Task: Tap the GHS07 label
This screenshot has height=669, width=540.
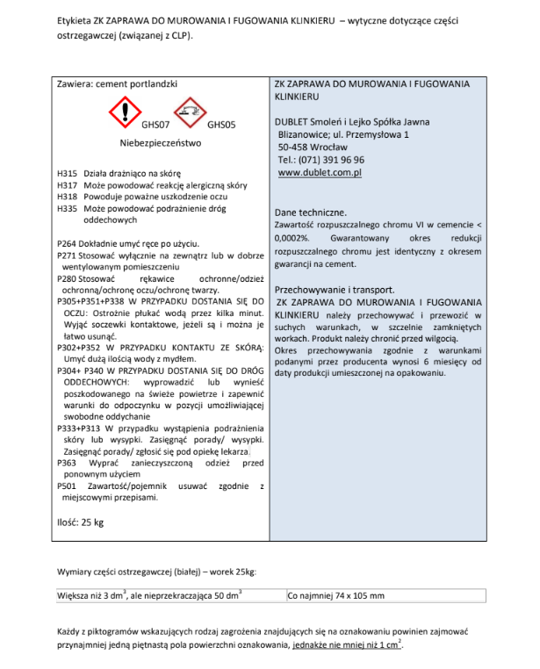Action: (155, 125)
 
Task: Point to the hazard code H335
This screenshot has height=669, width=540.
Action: (67, 209)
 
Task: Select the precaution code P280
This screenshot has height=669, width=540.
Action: (67, 277)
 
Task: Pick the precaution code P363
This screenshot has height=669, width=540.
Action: (67, 462)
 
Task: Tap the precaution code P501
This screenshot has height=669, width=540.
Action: (67, 485)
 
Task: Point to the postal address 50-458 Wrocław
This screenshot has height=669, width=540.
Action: (315, 148)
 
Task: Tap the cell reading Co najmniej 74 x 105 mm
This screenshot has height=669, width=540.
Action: (336, 596)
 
